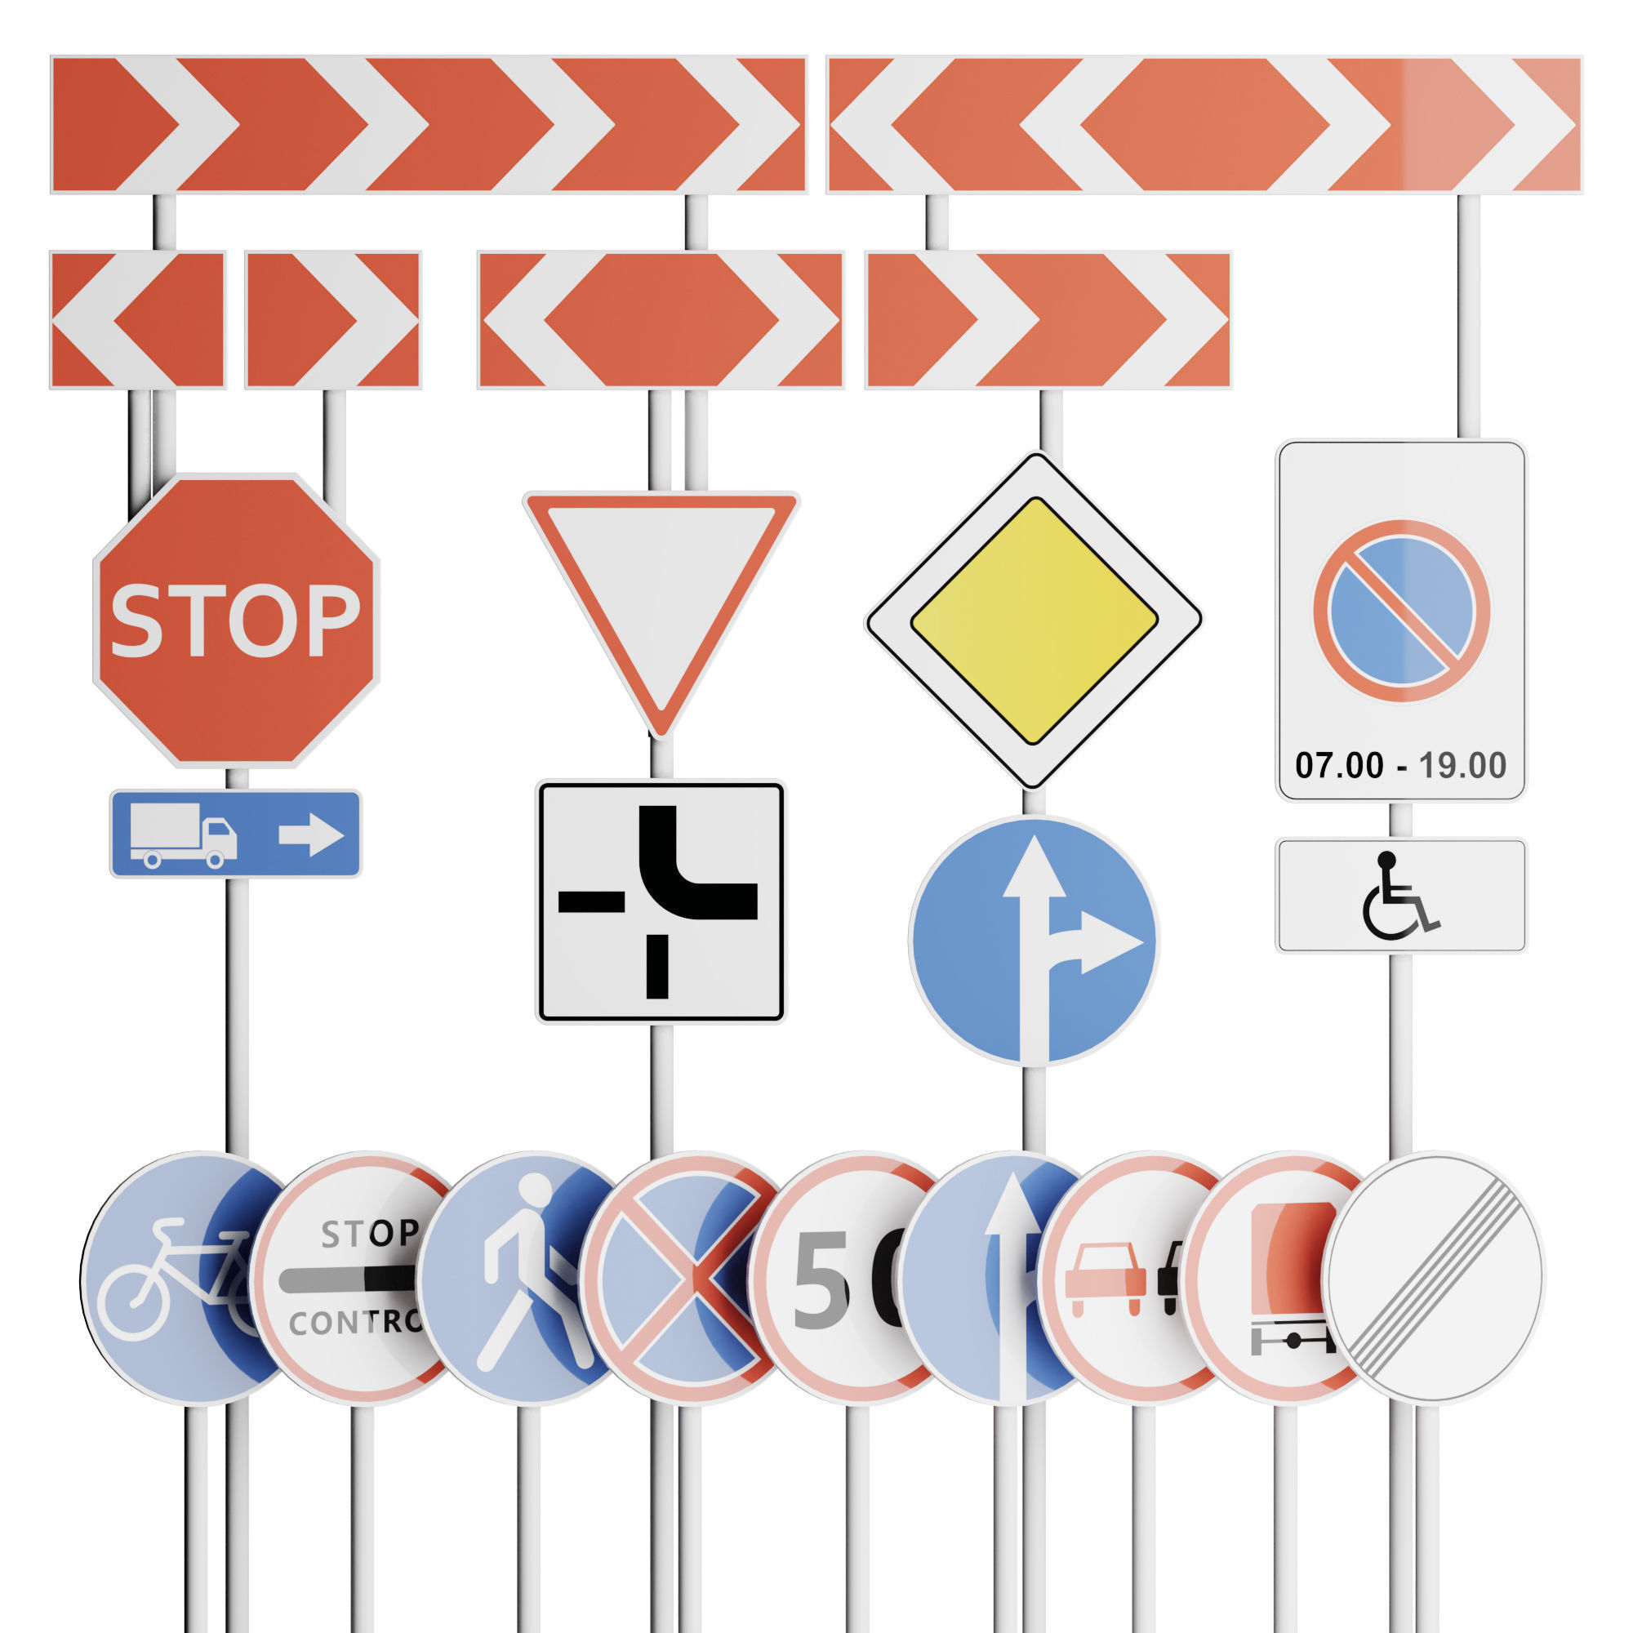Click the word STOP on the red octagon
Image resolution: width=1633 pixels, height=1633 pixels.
tap(235, 621)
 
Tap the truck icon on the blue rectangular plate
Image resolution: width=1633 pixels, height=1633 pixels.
tap(183, 835)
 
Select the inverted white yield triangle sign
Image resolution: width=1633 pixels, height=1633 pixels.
tap(661, 592)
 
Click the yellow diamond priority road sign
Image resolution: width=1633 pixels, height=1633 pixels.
tap(1033, 621)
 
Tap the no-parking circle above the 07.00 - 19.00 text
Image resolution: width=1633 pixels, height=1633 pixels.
tap(1400, 610)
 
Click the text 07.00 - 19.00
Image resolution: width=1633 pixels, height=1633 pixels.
tap(1400, 766)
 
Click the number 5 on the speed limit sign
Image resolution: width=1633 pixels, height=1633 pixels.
tap(820, 1279)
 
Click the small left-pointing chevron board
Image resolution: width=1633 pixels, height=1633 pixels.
tap(137, 319)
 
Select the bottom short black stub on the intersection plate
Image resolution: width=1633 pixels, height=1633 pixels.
tap(656, 966)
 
